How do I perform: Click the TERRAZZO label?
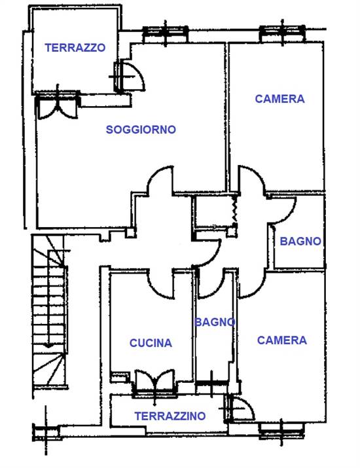click(x=75, y=48)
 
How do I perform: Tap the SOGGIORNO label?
click(x=141, y=130)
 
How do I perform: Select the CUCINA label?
click(x=151, y=343)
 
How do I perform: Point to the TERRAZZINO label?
click(x=170, y=416)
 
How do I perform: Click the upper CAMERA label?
click(x=279, y=99)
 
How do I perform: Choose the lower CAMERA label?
click(x=282, y=340)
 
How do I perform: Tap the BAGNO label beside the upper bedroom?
click(x=300, y=241)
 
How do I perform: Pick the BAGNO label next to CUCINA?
click(x=215, y=322)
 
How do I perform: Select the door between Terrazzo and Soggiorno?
click(x=129, y=77)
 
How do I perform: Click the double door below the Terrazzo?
click(x=58, y=105)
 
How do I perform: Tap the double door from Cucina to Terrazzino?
click(x=154, y=384)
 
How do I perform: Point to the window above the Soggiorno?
click(x=166, y=33)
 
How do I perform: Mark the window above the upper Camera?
click(x=282, y=33)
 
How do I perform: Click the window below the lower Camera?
click(x=281, y=429)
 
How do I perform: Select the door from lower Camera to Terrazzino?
click(x=238, y=408)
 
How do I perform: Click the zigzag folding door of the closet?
click(x=234, y=209)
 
